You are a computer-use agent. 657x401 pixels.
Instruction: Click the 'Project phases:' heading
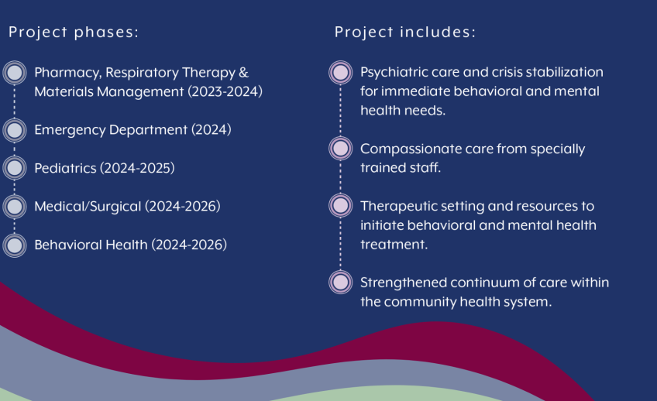[74, 33]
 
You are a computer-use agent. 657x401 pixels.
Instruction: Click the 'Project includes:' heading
[405, 33]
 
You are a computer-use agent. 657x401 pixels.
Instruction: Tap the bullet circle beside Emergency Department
[15, 130]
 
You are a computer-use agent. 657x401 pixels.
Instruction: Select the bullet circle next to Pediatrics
[15, 168]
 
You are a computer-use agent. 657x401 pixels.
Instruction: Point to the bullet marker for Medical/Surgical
[15, 207]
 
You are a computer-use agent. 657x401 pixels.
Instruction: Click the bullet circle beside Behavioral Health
[15, 245]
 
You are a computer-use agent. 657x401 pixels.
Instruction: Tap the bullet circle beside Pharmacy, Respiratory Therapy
[15, 73]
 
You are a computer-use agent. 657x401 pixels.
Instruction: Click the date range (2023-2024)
[225, 91]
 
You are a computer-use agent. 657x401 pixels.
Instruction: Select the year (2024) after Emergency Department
[212, 130]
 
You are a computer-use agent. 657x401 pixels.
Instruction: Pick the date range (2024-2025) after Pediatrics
[137, 168]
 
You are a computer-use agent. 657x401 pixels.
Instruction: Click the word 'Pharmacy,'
[68, 73]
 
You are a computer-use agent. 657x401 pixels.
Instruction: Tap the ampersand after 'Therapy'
[243, 73]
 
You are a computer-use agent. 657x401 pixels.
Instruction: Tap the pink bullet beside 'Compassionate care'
[341, 148]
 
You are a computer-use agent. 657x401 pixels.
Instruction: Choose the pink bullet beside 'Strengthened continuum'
[341, 282]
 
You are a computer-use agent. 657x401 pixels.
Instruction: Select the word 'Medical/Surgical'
[88, 207]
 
